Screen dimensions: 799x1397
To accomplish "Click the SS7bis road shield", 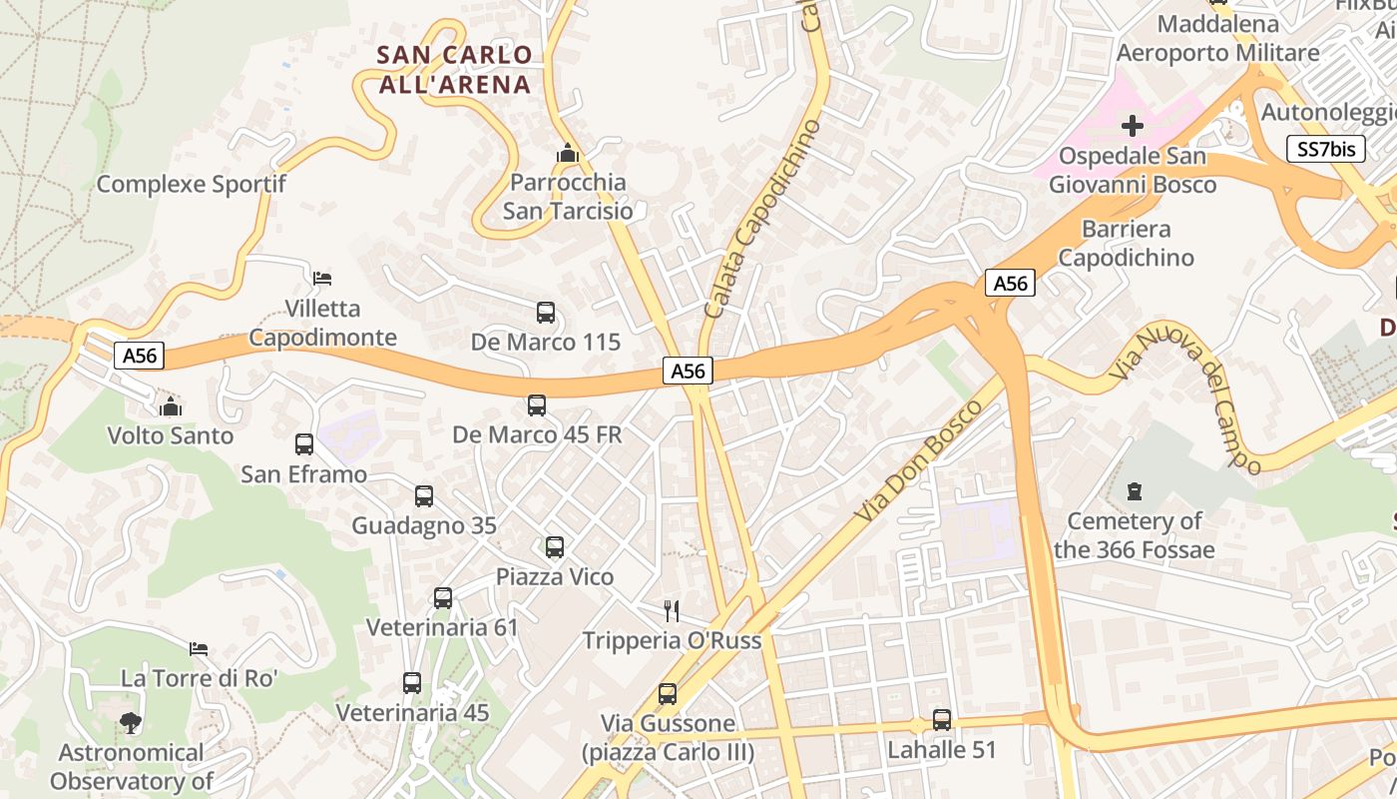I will (x=1326, y=150).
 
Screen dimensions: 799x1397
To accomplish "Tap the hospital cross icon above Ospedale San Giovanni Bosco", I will (x=1133, y=126).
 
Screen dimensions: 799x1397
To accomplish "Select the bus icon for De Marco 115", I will (x=545, y=312).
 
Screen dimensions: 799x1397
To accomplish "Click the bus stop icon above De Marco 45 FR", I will (x=537, y=404).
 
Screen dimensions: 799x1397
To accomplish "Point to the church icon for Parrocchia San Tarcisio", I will (x=567, y=154).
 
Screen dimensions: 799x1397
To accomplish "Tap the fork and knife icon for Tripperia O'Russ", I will (x=672, y=610).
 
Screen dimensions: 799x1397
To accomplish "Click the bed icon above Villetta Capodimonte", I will (x=321, y=278).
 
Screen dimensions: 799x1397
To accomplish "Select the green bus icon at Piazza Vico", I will (x=555, y=546).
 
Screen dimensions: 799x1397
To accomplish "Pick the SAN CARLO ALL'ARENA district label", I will (x=454, y=70).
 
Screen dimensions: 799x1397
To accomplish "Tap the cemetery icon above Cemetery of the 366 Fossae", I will (x=1134, y=491).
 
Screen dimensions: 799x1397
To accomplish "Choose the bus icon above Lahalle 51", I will (x=941, y=719).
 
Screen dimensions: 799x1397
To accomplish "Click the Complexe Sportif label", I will (x=191, y=184).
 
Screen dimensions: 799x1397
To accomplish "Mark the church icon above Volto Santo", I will (x=171, y=406).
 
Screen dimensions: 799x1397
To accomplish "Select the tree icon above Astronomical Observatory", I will (x=130, y=722).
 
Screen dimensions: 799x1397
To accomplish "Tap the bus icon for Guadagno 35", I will (x=424, y=495).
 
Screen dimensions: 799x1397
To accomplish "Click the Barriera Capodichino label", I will (x=1126, y=243).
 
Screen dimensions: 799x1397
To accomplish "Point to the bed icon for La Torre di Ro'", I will (x=199, y=649).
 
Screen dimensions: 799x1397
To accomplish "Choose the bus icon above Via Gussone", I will (x=668, y=693).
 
